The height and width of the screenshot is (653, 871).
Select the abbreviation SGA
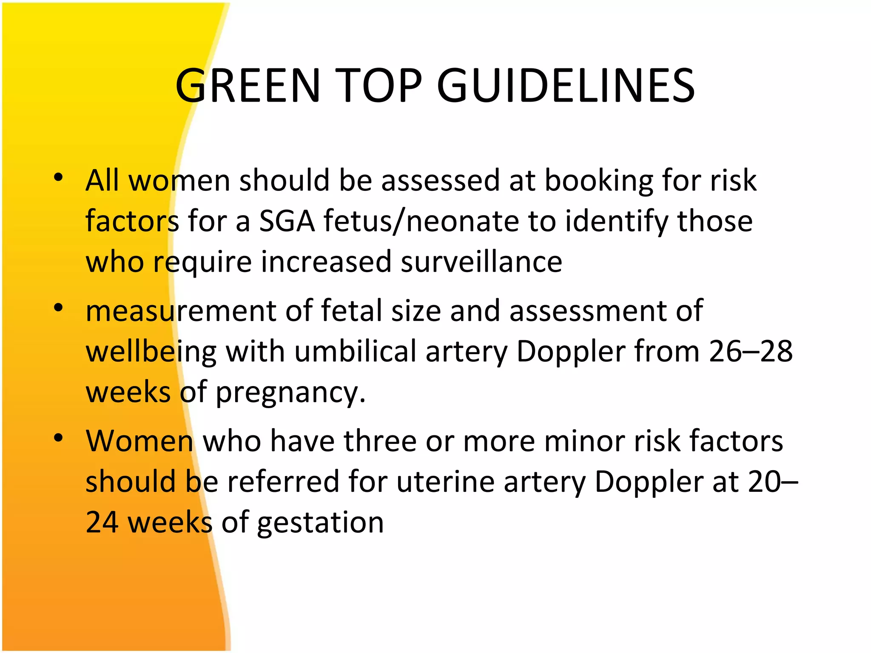(287, 221)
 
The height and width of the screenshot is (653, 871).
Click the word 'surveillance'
(481, 262)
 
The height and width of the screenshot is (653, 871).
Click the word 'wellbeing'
(151, 352)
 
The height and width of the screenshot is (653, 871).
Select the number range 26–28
(751, 352)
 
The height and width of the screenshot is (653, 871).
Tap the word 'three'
(380, 441)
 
